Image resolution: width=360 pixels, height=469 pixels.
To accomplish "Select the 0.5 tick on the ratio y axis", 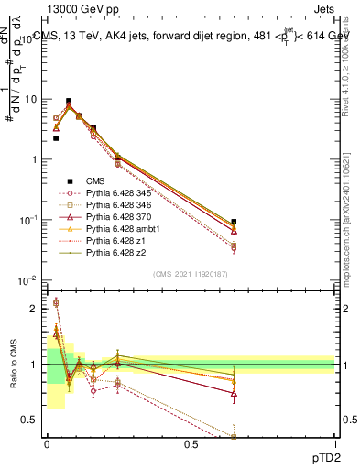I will coord(36,420).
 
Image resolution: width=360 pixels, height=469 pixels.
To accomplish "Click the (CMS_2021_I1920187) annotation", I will coord(190,274).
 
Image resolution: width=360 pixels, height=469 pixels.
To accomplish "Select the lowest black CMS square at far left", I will coord(56,138).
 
